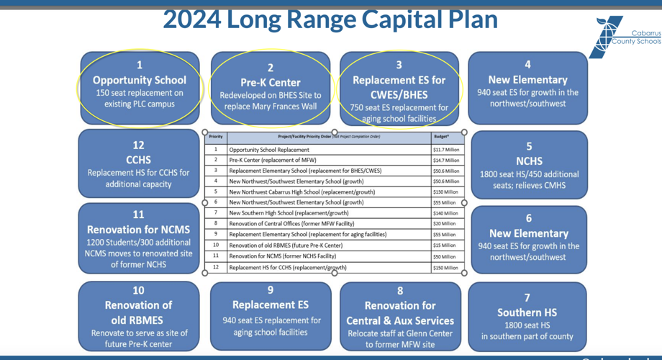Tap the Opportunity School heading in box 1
tap(140, 80)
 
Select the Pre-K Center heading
tap(271, 82)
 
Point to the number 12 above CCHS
tap(138, 145)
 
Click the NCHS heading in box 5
tap(529, 161)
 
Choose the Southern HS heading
tap(527, 312)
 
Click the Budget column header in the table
tap(441, 136)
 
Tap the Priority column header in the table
tap(216, 136)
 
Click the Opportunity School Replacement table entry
tap(269, 150)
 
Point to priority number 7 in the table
tap(216, 213)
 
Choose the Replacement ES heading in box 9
tap(271, 305)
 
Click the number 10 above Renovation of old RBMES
tap(138, 290)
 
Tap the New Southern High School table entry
tap(289, 214)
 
